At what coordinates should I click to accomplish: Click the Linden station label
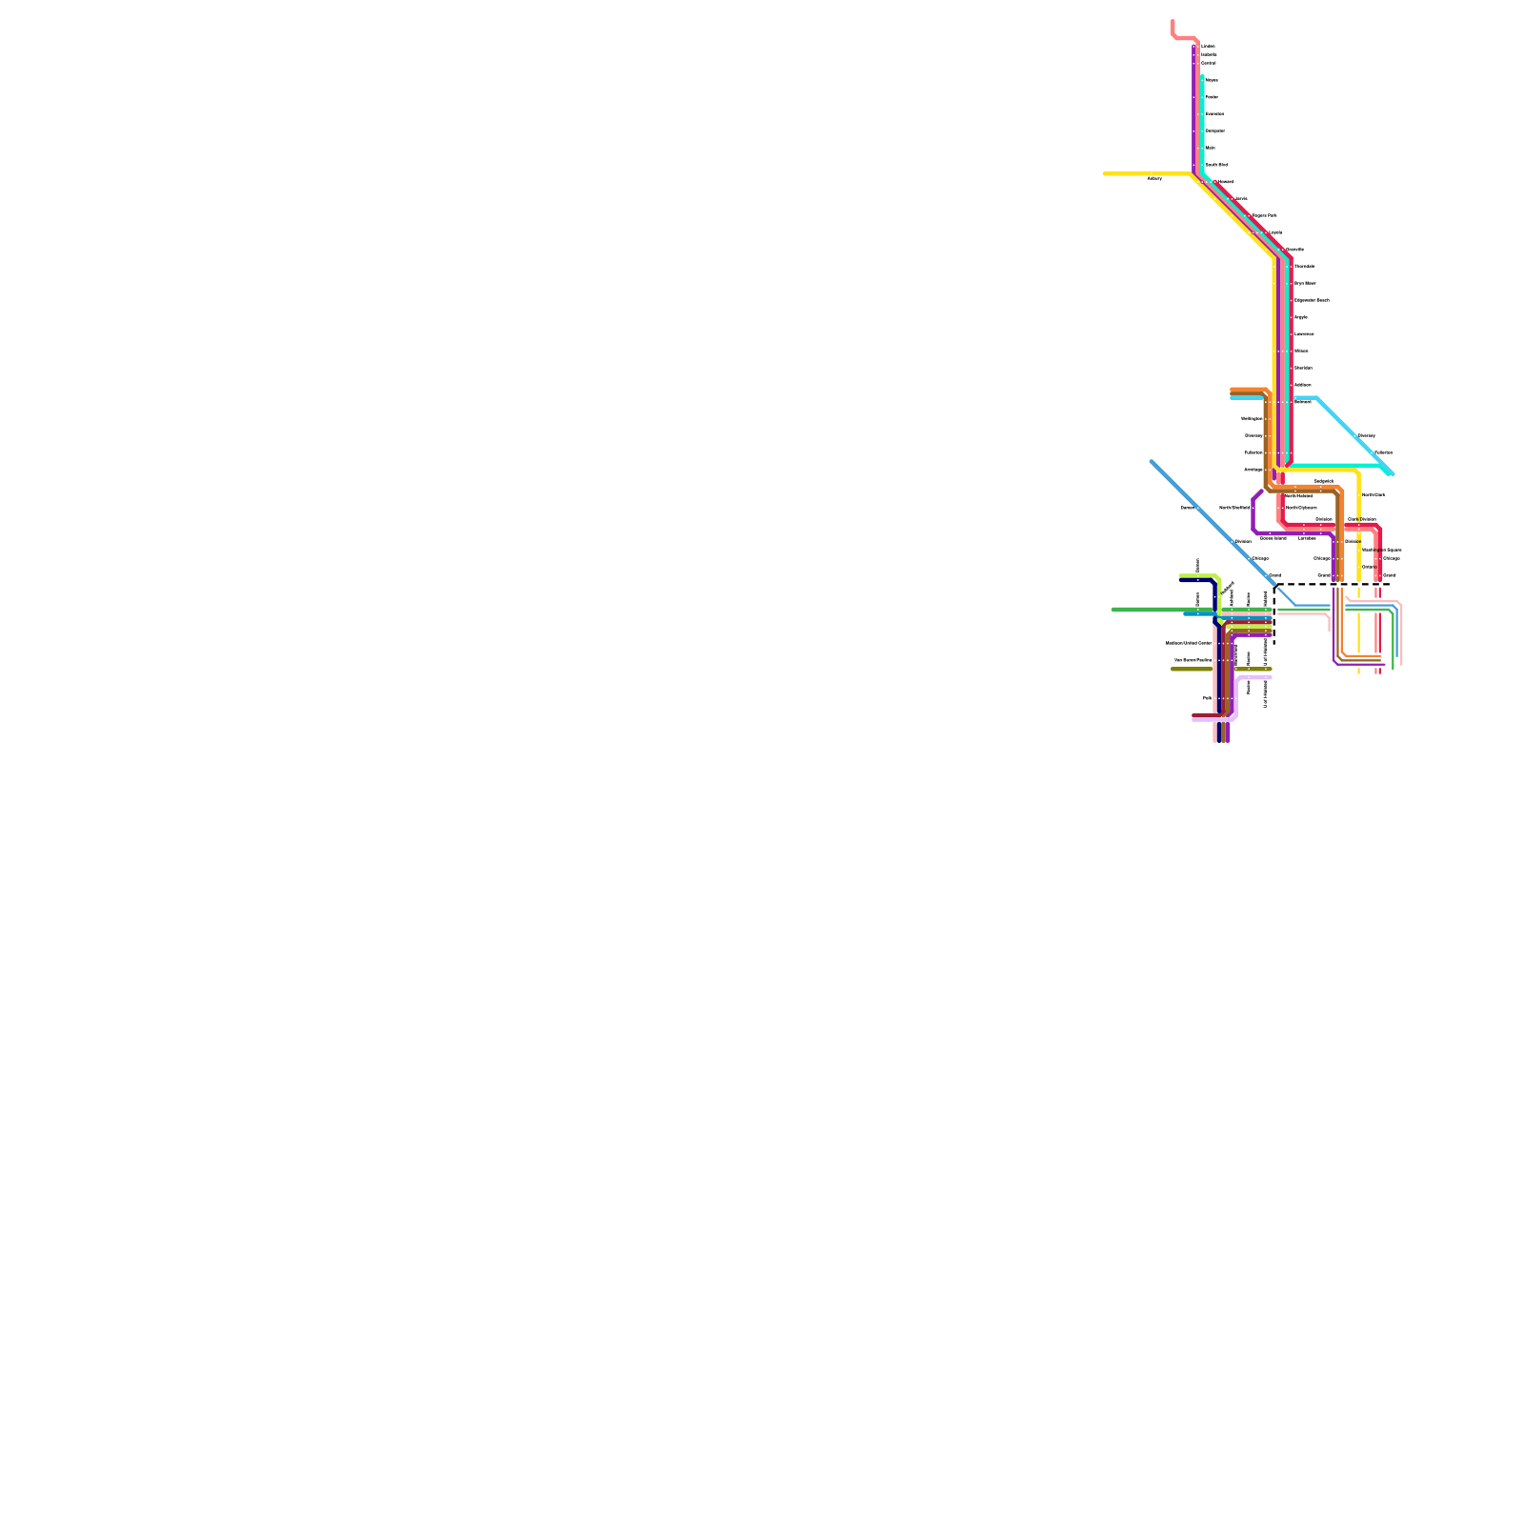coord(1208,46)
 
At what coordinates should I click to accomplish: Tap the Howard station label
coord(1225,181)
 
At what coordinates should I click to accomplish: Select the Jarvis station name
coord(1241,198)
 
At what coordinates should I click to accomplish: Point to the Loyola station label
coord(1275,232)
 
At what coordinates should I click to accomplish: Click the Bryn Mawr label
coord(1305,283)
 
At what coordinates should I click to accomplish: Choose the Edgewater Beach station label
coord(1312,300)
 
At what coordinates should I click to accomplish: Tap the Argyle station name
coord(1301,317)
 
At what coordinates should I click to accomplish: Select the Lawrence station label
coord(1304,334)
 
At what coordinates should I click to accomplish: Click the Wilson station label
coord(1301,351)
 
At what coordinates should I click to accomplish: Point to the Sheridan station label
coord(1303,368)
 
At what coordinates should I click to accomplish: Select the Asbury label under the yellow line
coord(1154,179)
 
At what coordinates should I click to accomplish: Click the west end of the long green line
coord(1113,610)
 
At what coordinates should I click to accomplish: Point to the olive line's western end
coord(1173,669)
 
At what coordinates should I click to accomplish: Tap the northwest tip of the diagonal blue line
coord(1152,462)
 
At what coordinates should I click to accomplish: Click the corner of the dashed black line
coord(1274,584)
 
